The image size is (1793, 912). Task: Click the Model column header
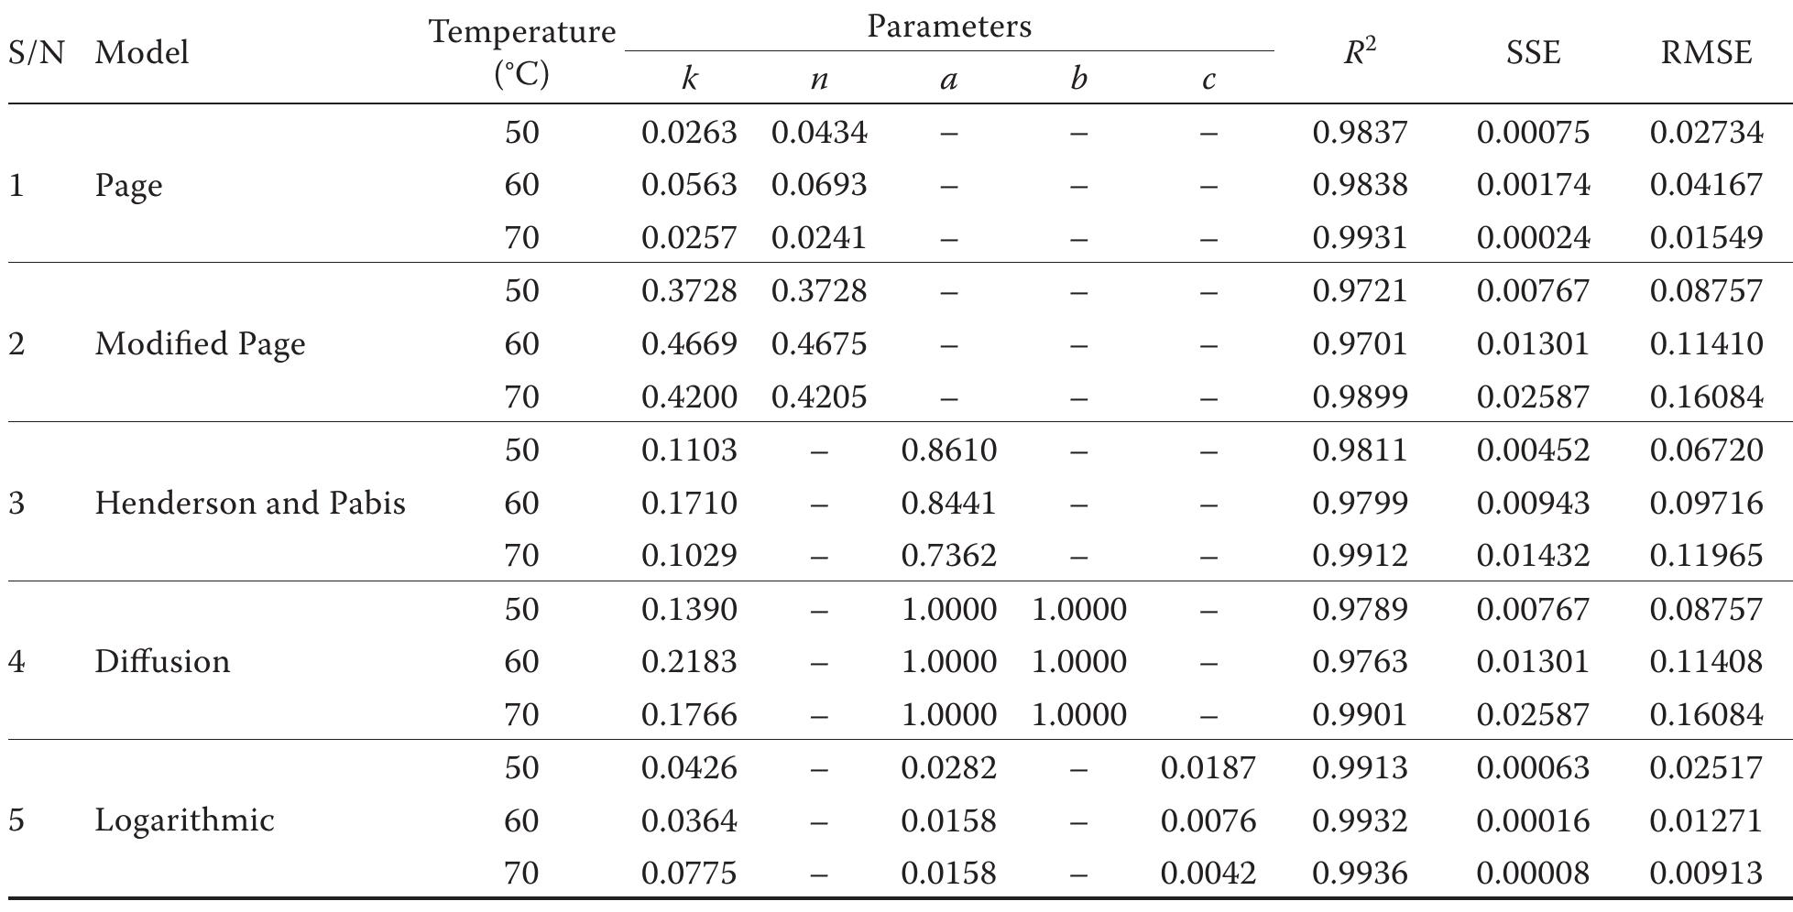click(x=142, y=53)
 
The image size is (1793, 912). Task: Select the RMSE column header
click(x=1706, y=53)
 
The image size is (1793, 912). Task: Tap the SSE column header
click(x=1533, y=53)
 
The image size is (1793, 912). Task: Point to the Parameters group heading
click(x=949, y=27)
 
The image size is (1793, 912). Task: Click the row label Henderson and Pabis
click(x=249, y=503)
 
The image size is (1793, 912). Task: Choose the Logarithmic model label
click(x=184, y=820)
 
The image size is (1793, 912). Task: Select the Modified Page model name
click(x=200, y=344)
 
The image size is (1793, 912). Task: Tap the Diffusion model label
click(x=162, y=661)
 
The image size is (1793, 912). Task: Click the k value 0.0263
click(x=689, y=133)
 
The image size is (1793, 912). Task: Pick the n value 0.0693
click(x=819, y=186)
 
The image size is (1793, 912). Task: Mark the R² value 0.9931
click(x=1360, y=238)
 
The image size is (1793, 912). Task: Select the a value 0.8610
click(x=949, y=451)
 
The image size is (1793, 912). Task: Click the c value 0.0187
click(x=1208, y=767)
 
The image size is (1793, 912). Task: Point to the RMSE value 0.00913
click(x=1706, y=873)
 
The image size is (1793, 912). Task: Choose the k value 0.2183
click(x=689, y=661)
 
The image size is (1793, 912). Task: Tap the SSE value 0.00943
click(x=1533, y=503)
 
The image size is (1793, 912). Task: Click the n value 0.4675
click(x=819, y=344)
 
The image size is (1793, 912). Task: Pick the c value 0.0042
click(x=1208, y=873)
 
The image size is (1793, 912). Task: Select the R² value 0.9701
click(x=1360, y=344)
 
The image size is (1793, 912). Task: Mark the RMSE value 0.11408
click(x=1706, y=661)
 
